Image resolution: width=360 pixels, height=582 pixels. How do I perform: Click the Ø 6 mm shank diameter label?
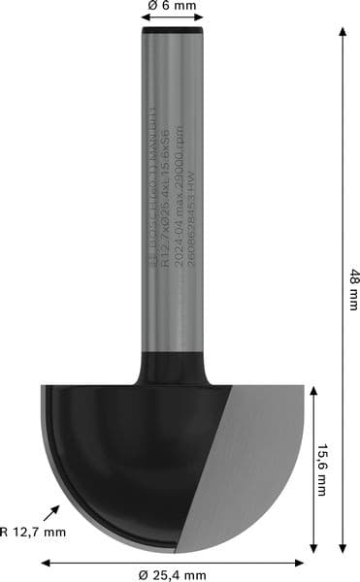point(173,7)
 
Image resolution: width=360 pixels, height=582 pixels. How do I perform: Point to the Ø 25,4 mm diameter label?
point(173,574)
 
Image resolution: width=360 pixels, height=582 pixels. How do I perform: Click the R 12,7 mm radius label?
point(33,532)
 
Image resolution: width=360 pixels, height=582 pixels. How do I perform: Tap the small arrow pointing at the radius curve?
point(51,513)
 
